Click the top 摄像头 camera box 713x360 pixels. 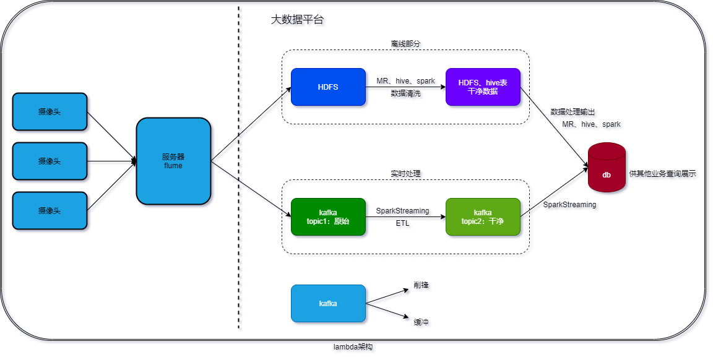(50, 111)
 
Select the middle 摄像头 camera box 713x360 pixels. (50, 161)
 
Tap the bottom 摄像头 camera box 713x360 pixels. (50, 210)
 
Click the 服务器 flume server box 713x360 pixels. (173, 161)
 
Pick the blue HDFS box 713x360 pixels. (328, 87)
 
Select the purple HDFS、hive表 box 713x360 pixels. (483, 87)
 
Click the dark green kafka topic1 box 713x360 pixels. (328, 216)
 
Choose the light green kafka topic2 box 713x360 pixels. (483, 216)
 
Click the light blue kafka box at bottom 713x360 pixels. (328, 303)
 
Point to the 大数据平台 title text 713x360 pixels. (298, 21)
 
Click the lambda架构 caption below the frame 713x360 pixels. (354, 348)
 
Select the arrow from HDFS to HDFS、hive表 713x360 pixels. (405, 88)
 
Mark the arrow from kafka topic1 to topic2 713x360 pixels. (405, 218)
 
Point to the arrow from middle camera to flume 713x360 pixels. (111, 163)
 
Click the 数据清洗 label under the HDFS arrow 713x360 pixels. (406, 95)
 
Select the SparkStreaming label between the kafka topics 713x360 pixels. (404, 211)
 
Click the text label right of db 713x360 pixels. (663, 175)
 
